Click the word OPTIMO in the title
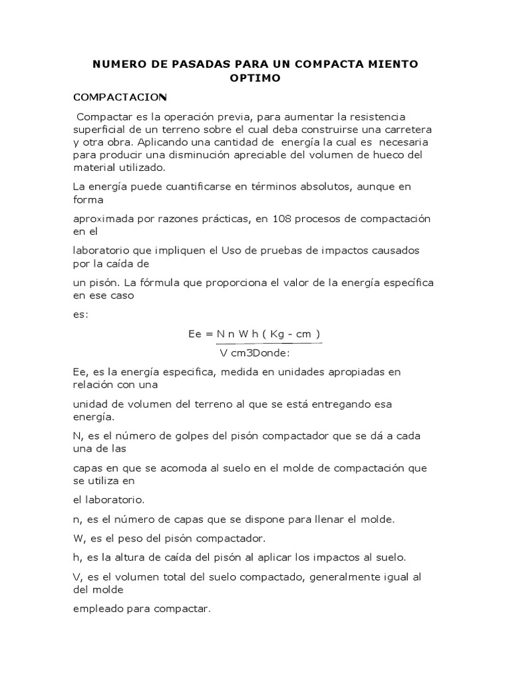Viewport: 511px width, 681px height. pos(255,78)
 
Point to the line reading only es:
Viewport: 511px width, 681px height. pos(80,315)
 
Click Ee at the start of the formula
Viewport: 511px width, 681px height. pos(196,334)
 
